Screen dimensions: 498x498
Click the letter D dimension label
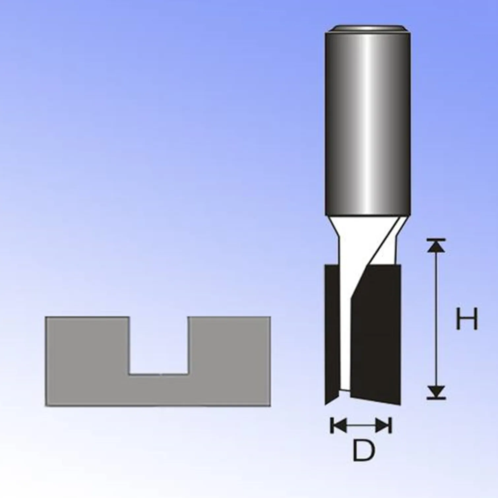coord(364,450)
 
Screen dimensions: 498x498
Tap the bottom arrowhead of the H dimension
coord(436,392)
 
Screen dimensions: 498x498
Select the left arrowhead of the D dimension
coord(338,425)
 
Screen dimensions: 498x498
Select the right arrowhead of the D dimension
coord(383,425)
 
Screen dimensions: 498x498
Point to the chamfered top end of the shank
coord(368,29)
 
